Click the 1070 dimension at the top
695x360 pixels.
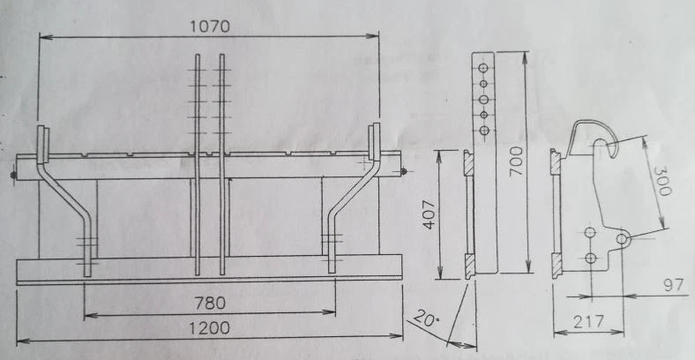[209, 26]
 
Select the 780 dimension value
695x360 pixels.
[209, 303]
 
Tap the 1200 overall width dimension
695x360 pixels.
[209, 328]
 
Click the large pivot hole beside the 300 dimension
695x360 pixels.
[623, 238]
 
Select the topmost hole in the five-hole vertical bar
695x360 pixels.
[482, 67]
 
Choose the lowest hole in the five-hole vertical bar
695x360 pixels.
[482, 131]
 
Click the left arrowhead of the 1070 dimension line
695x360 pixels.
[42, 36]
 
